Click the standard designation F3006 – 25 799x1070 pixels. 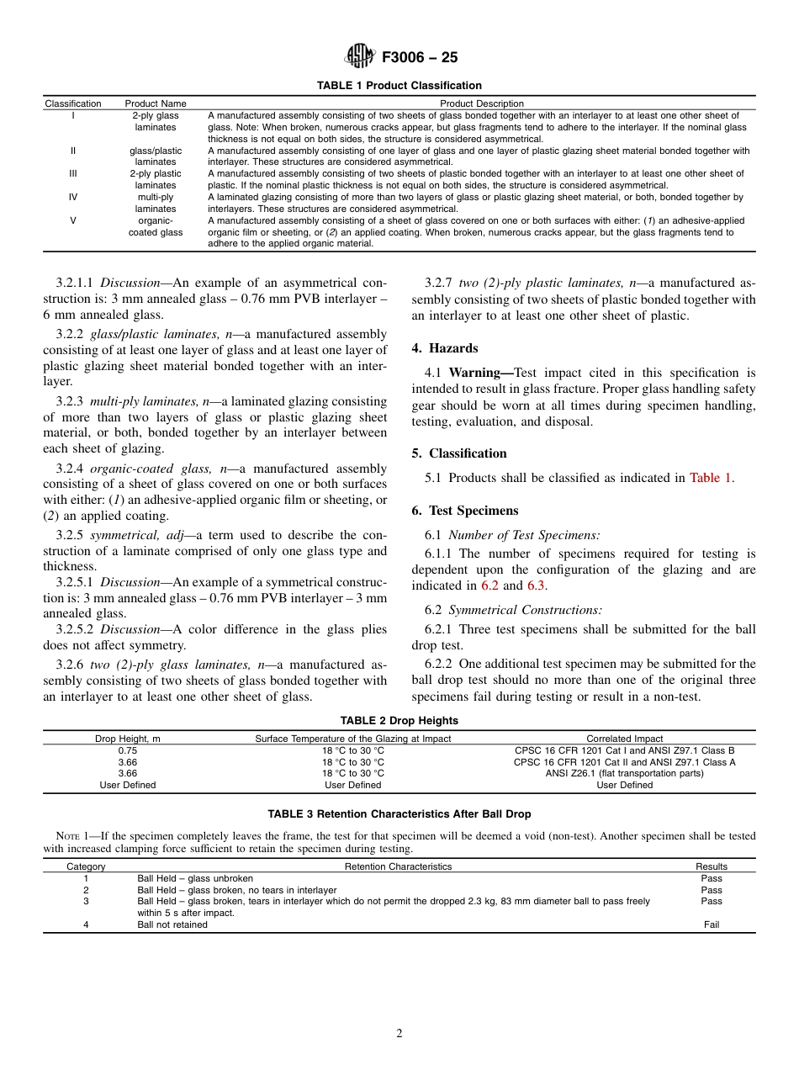420,58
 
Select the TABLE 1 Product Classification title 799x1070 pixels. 399,86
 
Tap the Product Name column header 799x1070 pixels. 156,103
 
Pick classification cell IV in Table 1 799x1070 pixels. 72,197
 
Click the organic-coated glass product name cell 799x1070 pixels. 156,226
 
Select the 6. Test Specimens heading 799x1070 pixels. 465,511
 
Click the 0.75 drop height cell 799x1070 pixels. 128,750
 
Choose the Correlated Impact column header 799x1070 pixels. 624,739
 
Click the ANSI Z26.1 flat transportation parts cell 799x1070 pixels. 624,773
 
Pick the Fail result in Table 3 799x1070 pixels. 712,924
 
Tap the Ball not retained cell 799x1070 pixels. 172,924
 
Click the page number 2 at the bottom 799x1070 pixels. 399,1034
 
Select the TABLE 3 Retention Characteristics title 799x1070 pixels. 399,814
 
